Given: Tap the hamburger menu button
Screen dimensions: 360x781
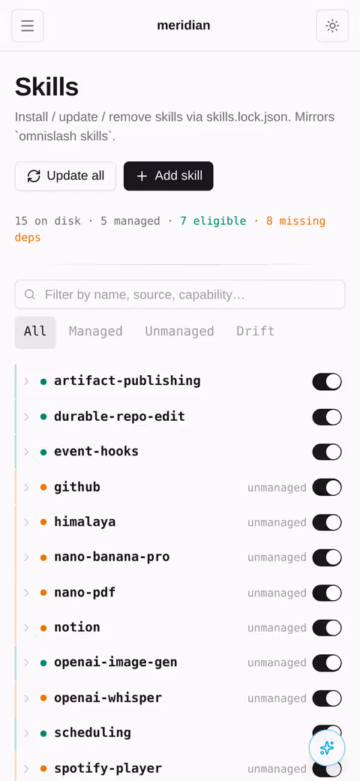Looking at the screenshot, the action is (28, 26).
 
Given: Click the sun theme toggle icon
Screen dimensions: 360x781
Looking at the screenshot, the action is (332, 26).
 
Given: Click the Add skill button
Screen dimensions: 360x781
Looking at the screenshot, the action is (168, 176).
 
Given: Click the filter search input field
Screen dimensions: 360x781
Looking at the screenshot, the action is (180, 294).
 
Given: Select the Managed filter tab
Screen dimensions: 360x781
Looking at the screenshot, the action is (95, 331).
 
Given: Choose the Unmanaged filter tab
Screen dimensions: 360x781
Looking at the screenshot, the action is (180, 331).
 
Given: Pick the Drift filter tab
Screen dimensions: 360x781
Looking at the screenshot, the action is (256, 331).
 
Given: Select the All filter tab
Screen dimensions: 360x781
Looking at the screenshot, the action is (34, 331).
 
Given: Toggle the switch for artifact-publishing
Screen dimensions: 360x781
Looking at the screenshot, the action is (327, 382).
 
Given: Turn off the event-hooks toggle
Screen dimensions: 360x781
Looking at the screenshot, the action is (327, 452).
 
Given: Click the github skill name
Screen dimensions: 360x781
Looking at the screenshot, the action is (77, 487).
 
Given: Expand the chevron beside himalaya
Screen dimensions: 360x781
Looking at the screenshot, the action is (27, 522).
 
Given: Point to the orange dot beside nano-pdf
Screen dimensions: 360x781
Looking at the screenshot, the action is (43, 593).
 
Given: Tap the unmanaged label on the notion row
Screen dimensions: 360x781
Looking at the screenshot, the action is (277, 628).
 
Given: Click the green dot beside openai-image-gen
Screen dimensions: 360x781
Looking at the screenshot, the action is (43, 663).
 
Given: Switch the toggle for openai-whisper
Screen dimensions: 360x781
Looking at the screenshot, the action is (327, 698).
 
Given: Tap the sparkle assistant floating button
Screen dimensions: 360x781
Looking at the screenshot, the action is (327, 748).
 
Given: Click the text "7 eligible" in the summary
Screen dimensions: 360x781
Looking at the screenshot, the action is (213, 221).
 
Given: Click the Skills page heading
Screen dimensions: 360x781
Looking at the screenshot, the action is (46, 87).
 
